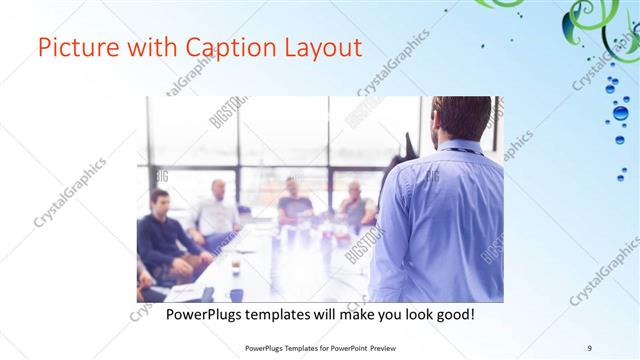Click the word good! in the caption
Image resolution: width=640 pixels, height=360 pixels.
pyautogui.click(x=453, y=315)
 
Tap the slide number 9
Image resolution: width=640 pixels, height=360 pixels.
pyautogui.click(x=589, y=347)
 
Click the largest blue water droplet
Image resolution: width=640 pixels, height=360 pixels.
pyautogui.click(x=622, y=113)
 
